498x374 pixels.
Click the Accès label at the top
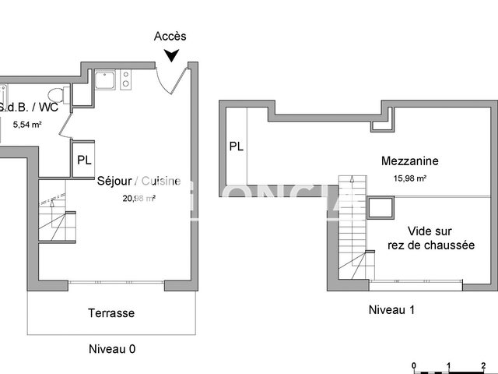[170, 36]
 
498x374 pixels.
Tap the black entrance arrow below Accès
[171, 55]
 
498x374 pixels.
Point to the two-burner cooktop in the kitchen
[126, 79]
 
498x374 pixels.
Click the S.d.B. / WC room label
[26, 108]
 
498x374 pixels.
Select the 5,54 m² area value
[28, 124]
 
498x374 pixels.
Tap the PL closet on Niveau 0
[83, 161]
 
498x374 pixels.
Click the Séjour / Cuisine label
[139, 182]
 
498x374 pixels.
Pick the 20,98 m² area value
[139, 198]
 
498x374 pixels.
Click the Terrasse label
[111, 313]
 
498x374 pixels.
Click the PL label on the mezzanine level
[236, 146]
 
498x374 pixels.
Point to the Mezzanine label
[409, 161]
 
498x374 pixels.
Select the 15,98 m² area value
[409, 178]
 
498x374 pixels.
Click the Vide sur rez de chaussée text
[431, 238]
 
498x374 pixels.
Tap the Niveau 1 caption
[391, 310]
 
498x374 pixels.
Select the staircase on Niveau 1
[352, 226]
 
